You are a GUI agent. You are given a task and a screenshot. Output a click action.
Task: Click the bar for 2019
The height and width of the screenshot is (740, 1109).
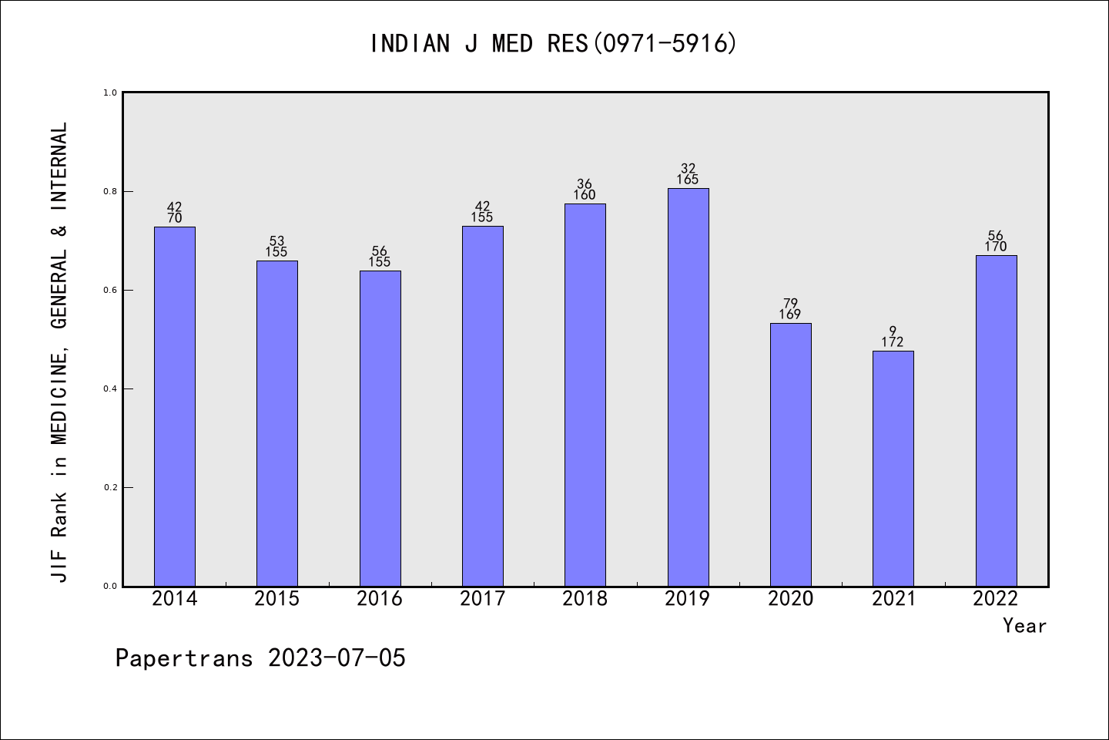[x=688, y=387]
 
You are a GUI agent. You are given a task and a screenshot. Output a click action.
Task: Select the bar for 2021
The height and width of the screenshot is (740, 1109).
[x=893, y=468]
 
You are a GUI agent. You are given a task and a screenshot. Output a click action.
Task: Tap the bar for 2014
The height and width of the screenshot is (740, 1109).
[x=175, y=406]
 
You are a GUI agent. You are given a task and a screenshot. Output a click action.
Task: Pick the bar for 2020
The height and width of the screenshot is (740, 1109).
[x=790, y=454]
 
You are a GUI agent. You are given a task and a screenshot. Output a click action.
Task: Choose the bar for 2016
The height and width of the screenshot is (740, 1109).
[x=380, y=428]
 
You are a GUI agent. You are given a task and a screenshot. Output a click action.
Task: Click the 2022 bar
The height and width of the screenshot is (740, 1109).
[x=996, y=420]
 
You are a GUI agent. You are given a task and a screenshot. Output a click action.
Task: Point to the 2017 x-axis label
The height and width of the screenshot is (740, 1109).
[x=482, y=599]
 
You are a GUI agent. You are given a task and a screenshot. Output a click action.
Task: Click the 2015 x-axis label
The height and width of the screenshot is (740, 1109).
[x=276, y=599]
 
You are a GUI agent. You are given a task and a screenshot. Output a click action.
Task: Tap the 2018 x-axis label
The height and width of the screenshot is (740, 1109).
[x=585, y=599]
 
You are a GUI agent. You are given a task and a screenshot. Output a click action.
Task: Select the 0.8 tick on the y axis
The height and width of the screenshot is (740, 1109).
[x=110, y=191]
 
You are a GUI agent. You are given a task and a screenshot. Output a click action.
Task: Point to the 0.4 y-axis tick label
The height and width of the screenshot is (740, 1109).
[x=110, y=388]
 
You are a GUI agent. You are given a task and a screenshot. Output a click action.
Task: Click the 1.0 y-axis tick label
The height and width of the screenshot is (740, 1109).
[x=110, y=92]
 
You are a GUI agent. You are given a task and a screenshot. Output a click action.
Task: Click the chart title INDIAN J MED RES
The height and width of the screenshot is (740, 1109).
[x=554, y=44]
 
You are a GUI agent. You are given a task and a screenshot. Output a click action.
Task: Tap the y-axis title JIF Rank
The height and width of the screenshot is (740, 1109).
[x=59, y=351]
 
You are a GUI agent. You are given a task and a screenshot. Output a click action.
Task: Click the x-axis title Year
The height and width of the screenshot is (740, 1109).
[x=1024, y=626]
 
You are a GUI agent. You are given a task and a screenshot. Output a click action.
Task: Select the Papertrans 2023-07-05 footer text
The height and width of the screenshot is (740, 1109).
[x=260, y=658]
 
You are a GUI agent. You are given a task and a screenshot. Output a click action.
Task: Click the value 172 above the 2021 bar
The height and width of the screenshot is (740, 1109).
[x=893, y=342]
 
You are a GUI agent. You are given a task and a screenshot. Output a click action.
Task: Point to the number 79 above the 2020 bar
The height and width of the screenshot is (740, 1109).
[x=790, y=304]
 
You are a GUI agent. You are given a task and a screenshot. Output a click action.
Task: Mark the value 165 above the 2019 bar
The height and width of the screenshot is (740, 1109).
[x=688, y=180]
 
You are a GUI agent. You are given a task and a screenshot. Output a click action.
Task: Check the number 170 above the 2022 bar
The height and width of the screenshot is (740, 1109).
[x=996, y=247]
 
